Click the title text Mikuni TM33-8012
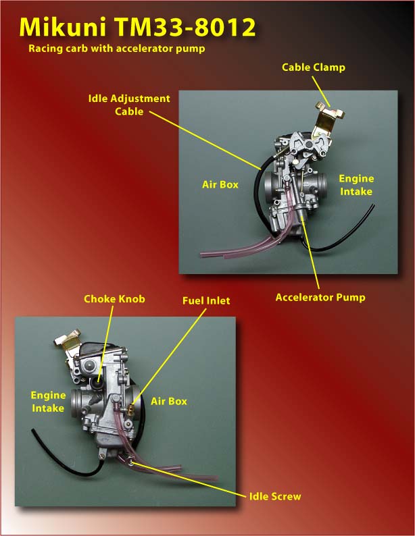point(137,27)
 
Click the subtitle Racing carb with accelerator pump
point(117,49)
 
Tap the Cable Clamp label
point(314,68)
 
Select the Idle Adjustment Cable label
point(129,105)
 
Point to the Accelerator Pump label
point(320,297)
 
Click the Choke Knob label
point(114,299)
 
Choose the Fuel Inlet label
point(206,300)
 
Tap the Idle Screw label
point(275,496)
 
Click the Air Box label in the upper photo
point(220,184)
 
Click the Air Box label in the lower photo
point(169,401)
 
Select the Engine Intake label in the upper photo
point(356,185)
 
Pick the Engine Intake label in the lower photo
point(48,402)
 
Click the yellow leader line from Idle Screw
point(188,479)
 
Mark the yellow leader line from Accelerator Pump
point(311,255)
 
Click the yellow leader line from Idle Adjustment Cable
point(205,140)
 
